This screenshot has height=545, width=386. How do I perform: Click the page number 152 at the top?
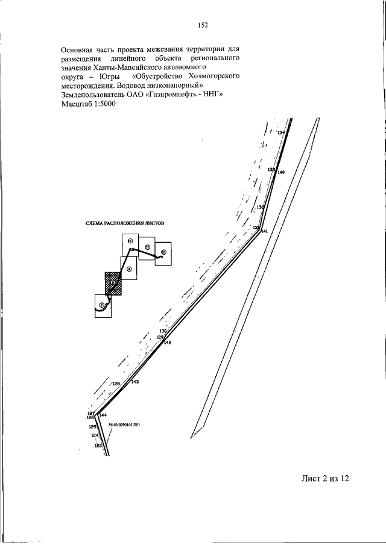pyautogui.click(x=202, y=25)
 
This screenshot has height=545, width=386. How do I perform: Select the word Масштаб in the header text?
pyautogui.click(x=75, y=103)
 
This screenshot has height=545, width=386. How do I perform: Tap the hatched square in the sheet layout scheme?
pyautogui.click(x=113, y=282)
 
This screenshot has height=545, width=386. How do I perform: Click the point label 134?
pyautogui.click(x=281, y=132)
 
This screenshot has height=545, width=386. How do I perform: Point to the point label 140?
pyautogui.click(x=281, y=173)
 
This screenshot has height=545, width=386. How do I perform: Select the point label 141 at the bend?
pyautogui.click(x=264, y=231)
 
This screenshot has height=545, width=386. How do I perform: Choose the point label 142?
pyautogui.click(x=168, y=343)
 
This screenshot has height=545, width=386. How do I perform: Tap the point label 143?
pyautogui.click(x=135, y=382)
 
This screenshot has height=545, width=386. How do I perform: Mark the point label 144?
pyautogui.click(x=103, y=416)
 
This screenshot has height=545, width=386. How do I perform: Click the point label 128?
pyautogui.click(x=116, y=383)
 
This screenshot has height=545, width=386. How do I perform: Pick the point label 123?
pyautogui.click(x=98, y=446)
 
